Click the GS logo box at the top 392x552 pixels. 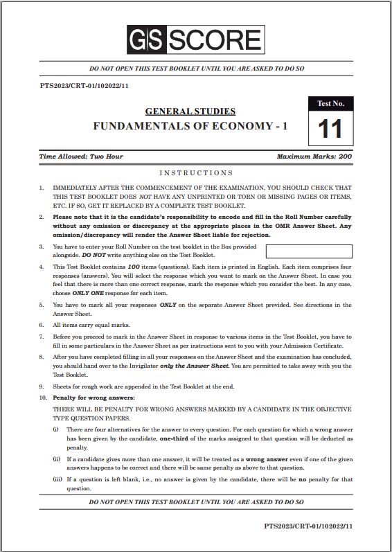pyautogui.click(x=145, y=42)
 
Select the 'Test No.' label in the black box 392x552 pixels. pyautogui.click(x=330, y=103)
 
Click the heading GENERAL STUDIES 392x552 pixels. pyautogui.click(x=190, y=111)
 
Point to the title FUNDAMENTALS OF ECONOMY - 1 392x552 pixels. pyautogui.click(x=190, y=126)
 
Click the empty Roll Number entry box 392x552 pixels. pyautogui.click(x=309, y=251)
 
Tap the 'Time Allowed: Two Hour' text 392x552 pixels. pyautogui.click(x=82, y=157)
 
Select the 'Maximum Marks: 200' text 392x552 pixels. pyautogui.click(x=314, y=157)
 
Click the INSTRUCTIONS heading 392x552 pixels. pyautogui.click(x=196, y=172)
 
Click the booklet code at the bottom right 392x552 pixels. pyautogui.click(x=309, y=526)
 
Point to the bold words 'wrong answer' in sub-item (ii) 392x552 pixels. pyautogui.click(x=266, y=459)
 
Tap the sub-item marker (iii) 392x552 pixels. pyautogui.click(x=57, y=479)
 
